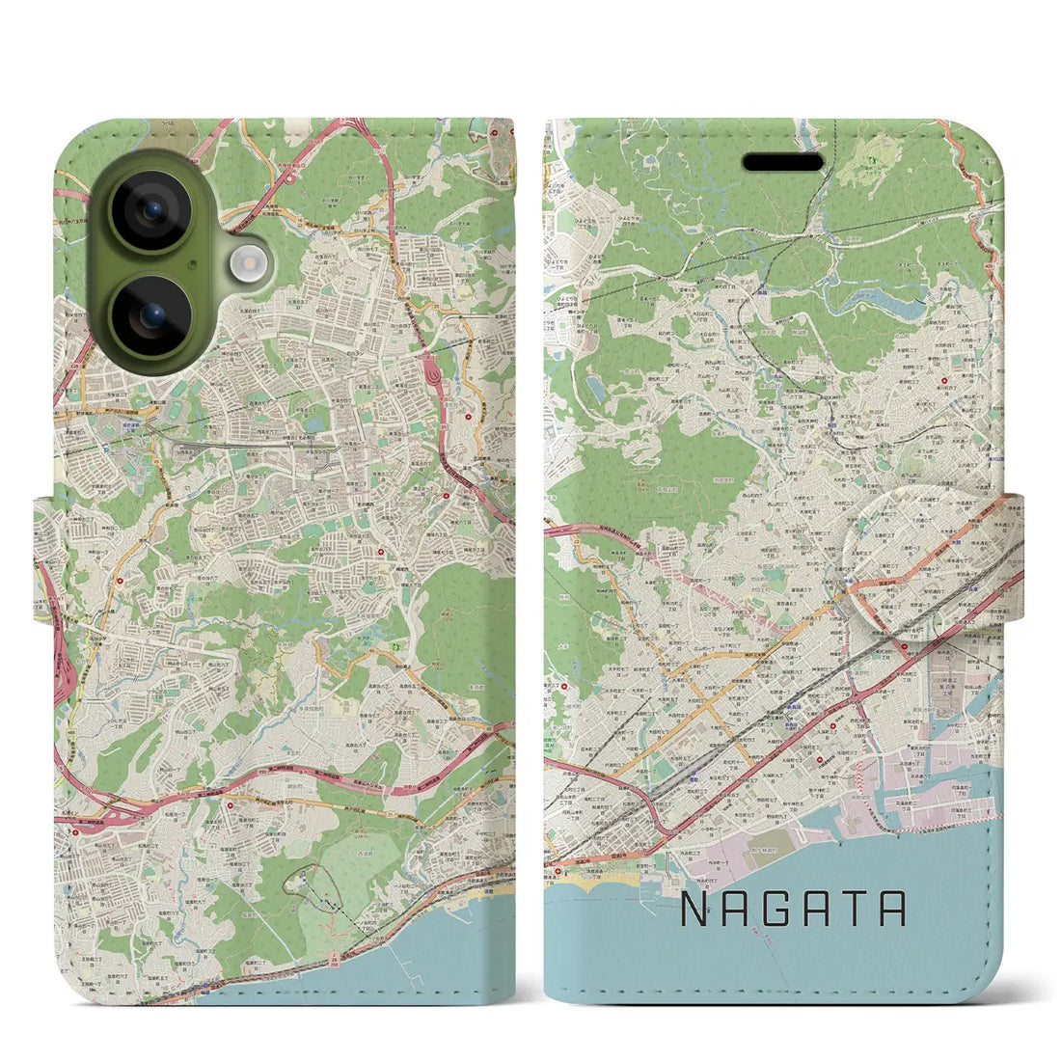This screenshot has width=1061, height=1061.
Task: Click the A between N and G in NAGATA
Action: pyautogui.click(x=741, y=910)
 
